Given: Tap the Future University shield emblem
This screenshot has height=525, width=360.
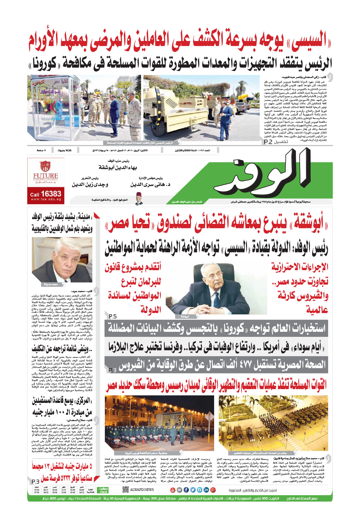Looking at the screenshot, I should (x=45, y=166).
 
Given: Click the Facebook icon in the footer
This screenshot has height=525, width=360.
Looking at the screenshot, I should (x=186, y=490).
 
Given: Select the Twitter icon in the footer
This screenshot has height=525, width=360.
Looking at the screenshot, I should (x=193, y=490).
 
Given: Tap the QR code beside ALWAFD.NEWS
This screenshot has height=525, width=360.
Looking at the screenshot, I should (x=126, y=490).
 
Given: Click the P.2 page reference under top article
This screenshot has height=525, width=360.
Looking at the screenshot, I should (x=268, y=142).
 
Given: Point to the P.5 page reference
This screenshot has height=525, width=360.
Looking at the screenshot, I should (x=113, y=317).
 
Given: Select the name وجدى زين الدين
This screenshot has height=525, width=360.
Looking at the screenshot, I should (x=90, y=184).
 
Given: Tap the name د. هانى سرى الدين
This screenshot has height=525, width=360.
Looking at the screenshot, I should (x=150, y=184).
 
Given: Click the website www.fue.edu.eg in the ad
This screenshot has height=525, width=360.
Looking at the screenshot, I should (x=46, y=199).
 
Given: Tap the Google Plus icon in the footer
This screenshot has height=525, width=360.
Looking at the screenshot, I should (x=213, y=490).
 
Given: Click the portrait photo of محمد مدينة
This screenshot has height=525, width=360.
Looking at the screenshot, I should (x=62, y=260).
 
